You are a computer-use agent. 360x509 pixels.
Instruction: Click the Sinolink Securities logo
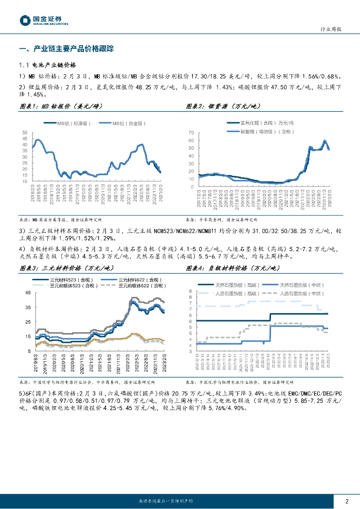coord(43,20)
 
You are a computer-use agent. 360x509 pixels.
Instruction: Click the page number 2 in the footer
coord(347,501)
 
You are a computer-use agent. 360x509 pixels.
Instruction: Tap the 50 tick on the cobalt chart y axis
coord(24,132)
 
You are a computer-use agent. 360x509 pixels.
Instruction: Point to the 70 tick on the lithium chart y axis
coord(190,133)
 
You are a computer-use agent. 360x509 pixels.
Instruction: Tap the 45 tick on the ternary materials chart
coord(28,293)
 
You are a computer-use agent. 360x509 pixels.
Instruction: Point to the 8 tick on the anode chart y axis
coord(190,291)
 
